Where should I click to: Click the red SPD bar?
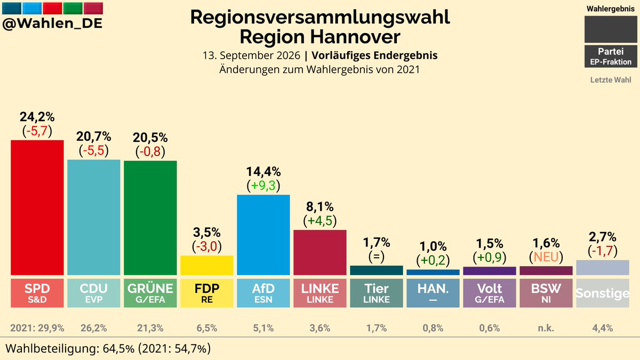point(37,207)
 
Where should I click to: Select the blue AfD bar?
point(263,235)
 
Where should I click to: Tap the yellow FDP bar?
point(207,266)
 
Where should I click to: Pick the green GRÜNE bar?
point(150,218)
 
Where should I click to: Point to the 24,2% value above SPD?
point(37,117)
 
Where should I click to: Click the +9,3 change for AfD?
point(263,186)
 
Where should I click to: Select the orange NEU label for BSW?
point(546,257)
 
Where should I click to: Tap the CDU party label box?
point(94,293)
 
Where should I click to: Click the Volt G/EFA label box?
point(490,293)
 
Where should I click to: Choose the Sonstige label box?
point(603,293)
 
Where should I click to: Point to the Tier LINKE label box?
point(377,293)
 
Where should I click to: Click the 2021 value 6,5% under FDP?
point(207,328)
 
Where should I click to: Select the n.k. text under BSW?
point(546,328)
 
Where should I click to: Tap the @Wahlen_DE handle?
point(52,23)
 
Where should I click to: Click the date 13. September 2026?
point(251,55)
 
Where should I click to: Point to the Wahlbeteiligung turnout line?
point(108,349)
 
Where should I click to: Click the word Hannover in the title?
point(355,37)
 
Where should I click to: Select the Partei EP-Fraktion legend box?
point(611,57)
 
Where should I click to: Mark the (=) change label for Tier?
point(377,257)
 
